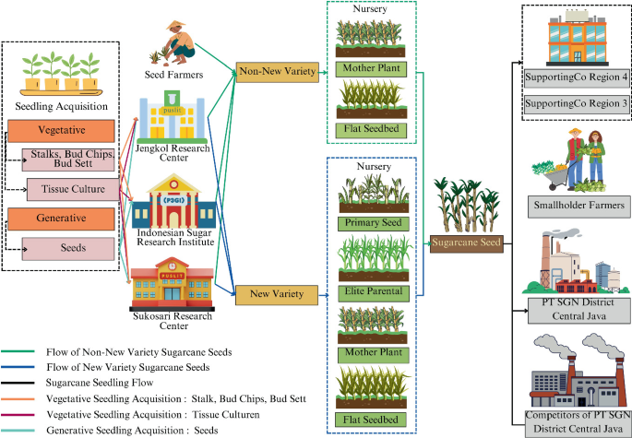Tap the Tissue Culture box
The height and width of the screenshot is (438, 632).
pos(71,189)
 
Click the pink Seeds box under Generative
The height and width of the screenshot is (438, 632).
pos(71,247)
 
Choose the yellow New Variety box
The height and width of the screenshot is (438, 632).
pos(276,295)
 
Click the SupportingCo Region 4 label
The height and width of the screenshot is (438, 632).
pos(574,76)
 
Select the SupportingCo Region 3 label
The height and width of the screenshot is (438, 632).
pos(574,104)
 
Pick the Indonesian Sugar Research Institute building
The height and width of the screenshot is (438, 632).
pos(173,204)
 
